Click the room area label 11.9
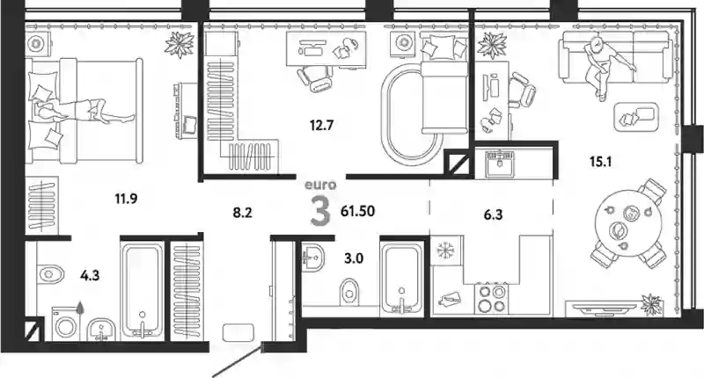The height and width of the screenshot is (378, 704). coord(126,198)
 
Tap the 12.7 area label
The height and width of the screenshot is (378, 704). coord(321,125)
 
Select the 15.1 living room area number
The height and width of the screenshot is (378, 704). coord(601,161)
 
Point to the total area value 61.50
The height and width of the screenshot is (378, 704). coord(358,211)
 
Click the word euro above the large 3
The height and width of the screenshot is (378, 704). coord(320,185)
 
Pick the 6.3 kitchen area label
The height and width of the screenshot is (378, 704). coord(493,215)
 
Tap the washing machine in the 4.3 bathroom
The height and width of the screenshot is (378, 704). coord(65,324)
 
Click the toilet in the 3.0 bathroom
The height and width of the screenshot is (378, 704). coord(349,292)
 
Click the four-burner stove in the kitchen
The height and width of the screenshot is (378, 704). coord(492,299)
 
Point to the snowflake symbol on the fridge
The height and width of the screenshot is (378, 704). coord(446,251)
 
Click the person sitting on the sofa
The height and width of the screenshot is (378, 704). coord(603,66)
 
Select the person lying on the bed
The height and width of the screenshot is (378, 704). coord(84,110)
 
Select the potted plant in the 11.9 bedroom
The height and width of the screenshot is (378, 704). coord(180,45)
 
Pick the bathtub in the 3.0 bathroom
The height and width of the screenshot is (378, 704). coord(401,278)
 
